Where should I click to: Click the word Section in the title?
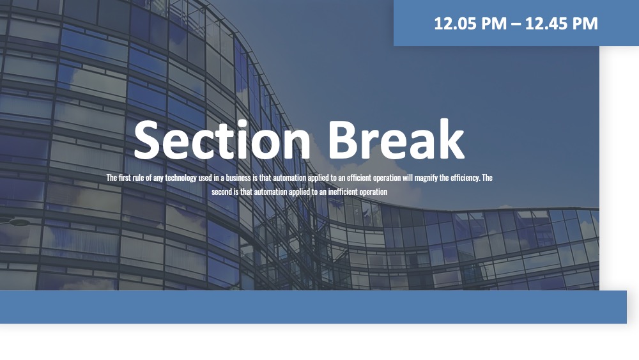click(222, 139)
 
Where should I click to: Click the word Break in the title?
click(396, 139)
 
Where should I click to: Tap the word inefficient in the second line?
click(343, 192)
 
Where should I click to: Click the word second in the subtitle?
click(222, 192)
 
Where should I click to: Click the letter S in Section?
click(146, 139)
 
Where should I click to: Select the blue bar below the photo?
click(313, 307)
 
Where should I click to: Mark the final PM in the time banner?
click(585, 24)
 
